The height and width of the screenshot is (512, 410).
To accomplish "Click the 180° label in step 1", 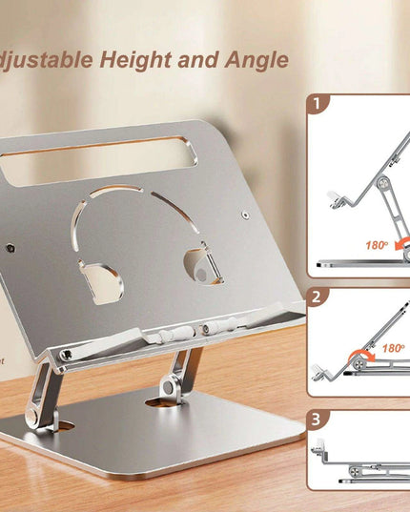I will [x=376, y=245].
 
